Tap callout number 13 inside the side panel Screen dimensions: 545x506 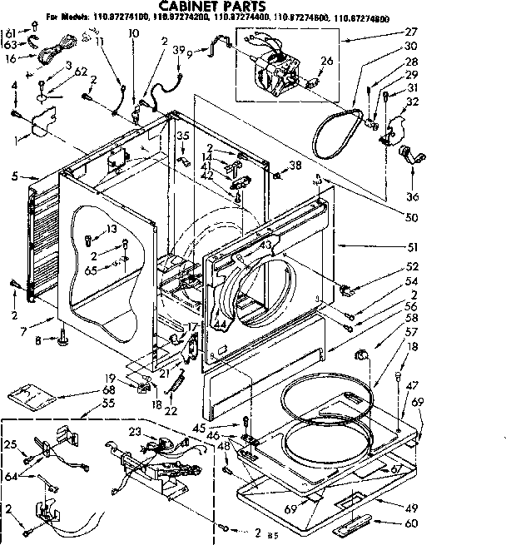tap(111, 230)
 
